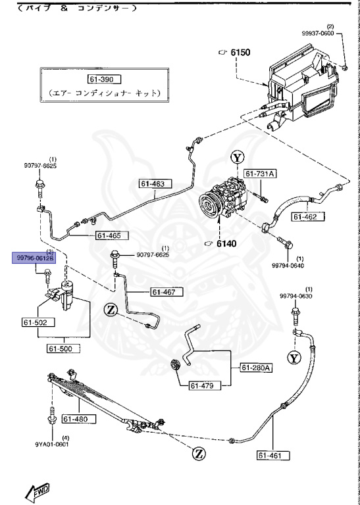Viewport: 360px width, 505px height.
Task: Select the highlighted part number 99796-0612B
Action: point(32,258)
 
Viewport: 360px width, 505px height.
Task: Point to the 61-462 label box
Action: point(307,216)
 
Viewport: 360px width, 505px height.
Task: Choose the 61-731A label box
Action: point(261,173)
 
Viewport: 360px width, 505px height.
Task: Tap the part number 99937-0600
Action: point(336,33)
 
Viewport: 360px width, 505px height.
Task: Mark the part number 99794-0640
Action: point(288,266)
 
